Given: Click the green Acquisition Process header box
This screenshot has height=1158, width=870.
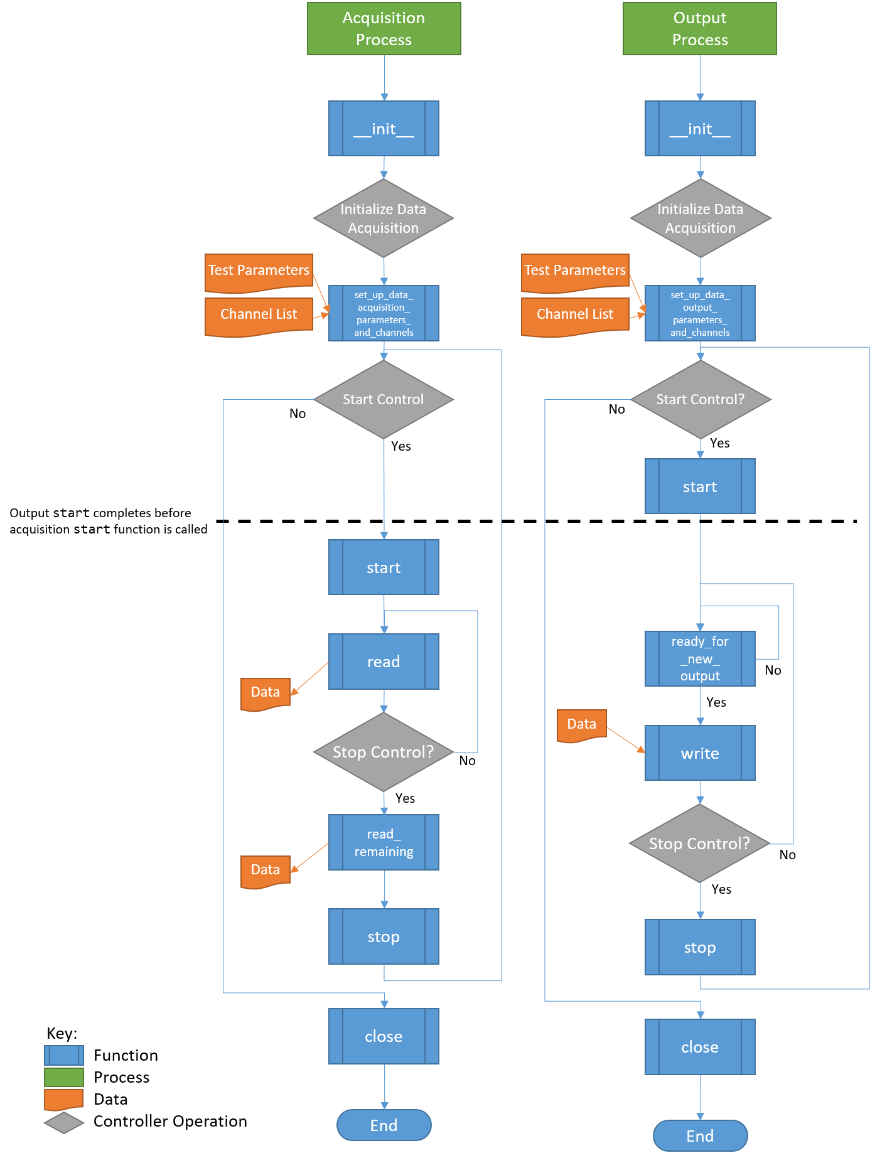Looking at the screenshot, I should pos(384,29).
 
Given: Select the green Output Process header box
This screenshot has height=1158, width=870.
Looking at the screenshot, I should pos(699,29).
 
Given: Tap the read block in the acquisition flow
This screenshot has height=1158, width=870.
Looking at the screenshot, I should pos(384,662).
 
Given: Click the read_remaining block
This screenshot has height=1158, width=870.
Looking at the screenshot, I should pos(384,842).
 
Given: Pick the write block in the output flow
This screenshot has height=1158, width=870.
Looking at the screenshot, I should pos(700,753).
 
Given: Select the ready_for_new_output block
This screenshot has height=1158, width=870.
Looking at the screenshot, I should pos(700,658).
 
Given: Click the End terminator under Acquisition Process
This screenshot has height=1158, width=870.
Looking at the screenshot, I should pos(384,1125).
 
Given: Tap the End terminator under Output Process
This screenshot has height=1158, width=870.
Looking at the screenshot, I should pos(700,1136).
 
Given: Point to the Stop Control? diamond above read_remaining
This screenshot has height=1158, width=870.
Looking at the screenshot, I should pos(384,752).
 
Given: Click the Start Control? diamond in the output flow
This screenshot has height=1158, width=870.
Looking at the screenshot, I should pos(700,399).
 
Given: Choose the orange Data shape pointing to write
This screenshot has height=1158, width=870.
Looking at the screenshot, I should pos(581,725).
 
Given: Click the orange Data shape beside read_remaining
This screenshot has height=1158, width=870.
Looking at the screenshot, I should pos(266,871).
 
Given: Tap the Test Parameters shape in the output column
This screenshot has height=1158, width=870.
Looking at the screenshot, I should pos(575,271).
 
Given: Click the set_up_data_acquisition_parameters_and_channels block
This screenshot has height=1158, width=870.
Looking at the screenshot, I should pos(384,313).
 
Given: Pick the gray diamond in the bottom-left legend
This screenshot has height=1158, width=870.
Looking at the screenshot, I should pos(64,1123).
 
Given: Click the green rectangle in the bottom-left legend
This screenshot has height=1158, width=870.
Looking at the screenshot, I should pos(64,1078).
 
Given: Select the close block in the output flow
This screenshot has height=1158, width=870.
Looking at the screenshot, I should pos(700,1047).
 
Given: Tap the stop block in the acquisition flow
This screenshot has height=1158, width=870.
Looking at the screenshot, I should pos(384,936).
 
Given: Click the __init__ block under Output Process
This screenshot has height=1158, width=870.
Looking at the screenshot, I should pos(700,129).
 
